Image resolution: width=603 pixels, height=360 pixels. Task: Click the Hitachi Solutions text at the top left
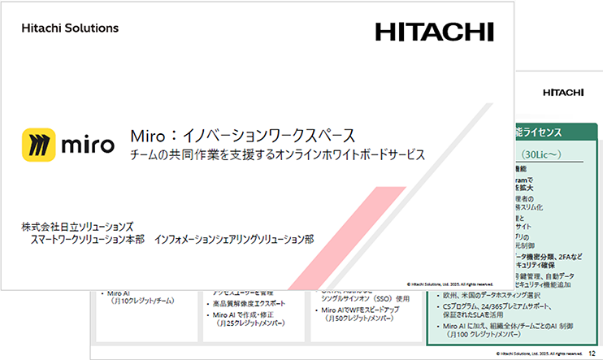[70, 28]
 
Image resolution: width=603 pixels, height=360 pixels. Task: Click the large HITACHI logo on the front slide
[434, 32]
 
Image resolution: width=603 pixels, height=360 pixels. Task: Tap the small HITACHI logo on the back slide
[562, 92]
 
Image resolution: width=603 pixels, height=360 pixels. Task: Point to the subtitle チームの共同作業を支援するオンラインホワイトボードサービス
[278, 154]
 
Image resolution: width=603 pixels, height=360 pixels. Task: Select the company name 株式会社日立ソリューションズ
[78, 225]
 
